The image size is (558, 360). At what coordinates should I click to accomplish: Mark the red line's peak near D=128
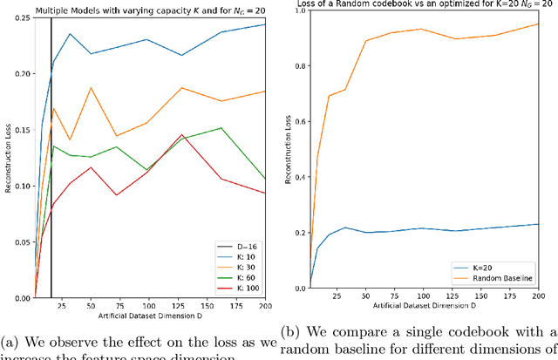point(181,135)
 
